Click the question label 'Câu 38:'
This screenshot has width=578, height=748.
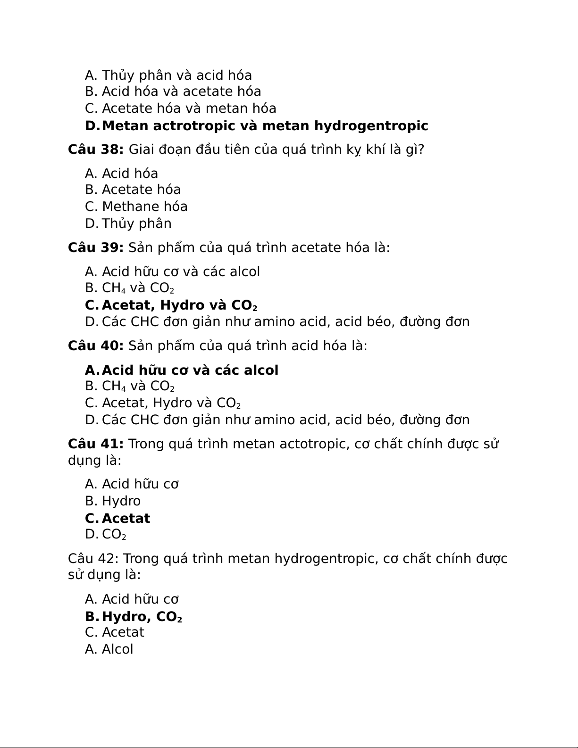[x=96, y=150]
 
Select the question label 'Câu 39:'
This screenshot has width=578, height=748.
[x=96, y=248]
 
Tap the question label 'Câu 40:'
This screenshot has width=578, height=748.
[x=96, y=346]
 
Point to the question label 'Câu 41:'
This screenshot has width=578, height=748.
[x=96, y=444]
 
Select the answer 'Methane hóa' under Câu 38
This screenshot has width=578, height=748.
[x=144, y=207]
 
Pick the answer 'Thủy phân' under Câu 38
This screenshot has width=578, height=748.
[x=136, y=224]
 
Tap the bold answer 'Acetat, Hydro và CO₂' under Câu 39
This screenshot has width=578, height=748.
[x=179, y=305]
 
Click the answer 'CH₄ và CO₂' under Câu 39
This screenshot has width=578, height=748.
[x=138, y=288]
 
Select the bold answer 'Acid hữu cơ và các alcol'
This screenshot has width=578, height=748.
[x=190, y=370]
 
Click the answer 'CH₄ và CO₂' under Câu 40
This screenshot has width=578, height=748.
[x=138, y=386]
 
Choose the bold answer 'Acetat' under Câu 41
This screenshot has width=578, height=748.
[x=126, y=519]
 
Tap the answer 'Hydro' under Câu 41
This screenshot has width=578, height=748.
[x=121, y=501]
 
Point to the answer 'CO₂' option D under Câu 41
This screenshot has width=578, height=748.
[x=114, y=535]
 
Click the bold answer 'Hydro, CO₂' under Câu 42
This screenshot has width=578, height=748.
[x=142, y=617]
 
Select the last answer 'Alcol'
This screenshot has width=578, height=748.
[x=117, y=649]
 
